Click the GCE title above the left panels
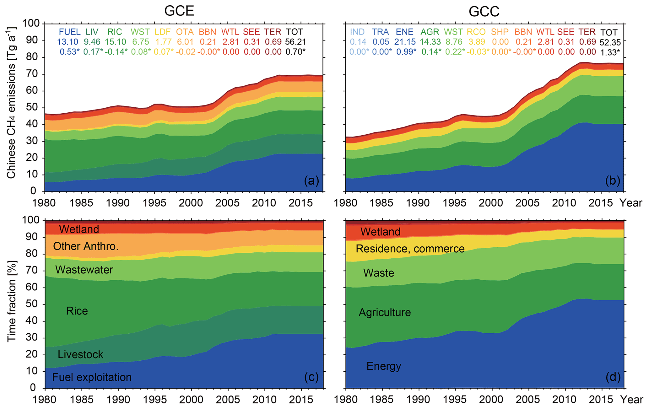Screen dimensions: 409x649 [x=179, y=11]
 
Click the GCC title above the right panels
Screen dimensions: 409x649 [x=484, y=12]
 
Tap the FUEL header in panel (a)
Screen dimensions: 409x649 [x=69, y=32]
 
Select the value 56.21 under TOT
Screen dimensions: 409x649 [x=295, y=42]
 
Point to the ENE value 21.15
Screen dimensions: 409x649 [x=405, y=42]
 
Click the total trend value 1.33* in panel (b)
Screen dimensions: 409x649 [x=610, y=52]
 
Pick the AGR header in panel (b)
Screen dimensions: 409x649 [x=430, y=32]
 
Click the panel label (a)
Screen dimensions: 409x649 [x=311, y=181]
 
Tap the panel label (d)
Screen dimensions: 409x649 [x=613, y=377]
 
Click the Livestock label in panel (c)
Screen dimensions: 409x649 [x=80, y=354]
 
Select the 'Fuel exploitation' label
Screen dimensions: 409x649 [x=92, y=377]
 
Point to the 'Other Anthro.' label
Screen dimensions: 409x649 [x=86, y=246]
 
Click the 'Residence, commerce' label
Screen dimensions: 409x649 [x=410, y=249]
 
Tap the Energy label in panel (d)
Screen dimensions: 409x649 [x=384, y=366]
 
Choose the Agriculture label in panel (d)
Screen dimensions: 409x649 [x=385, y=312]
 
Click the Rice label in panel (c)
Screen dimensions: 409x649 [x=77, y=311]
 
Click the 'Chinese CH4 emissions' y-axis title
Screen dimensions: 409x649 [x=12, y=103]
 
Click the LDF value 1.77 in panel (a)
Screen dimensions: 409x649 [x=163, y=42]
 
